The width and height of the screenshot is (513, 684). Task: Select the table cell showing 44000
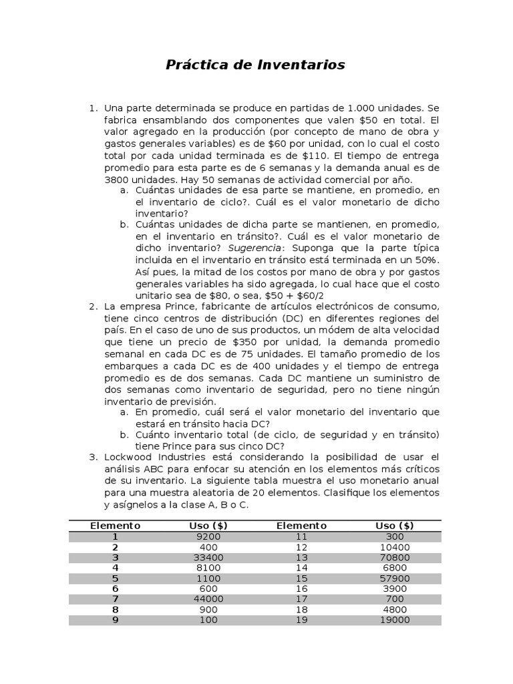pos(208,599)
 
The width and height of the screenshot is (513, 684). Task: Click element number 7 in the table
pos(115,599)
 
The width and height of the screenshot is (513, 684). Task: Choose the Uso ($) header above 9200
pos(208,526)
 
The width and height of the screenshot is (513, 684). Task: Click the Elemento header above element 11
pos(301,526)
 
